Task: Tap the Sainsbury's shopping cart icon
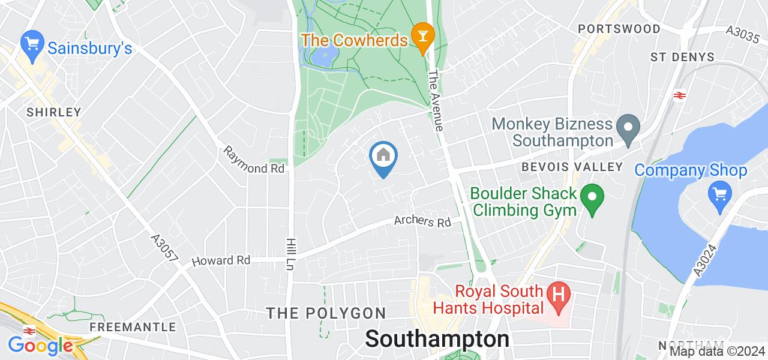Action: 30,43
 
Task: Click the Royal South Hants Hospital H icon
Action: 559,300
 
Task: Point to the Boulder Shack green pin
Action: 593,199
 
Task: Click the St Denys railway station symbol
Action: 680,95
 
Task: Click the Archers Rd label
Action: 422,221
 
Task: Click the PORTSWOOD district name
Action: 619,29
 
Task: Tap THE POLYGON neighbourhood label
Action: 326,313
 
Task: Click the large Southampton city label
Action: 437,338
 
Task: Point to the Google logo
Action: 40,346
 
